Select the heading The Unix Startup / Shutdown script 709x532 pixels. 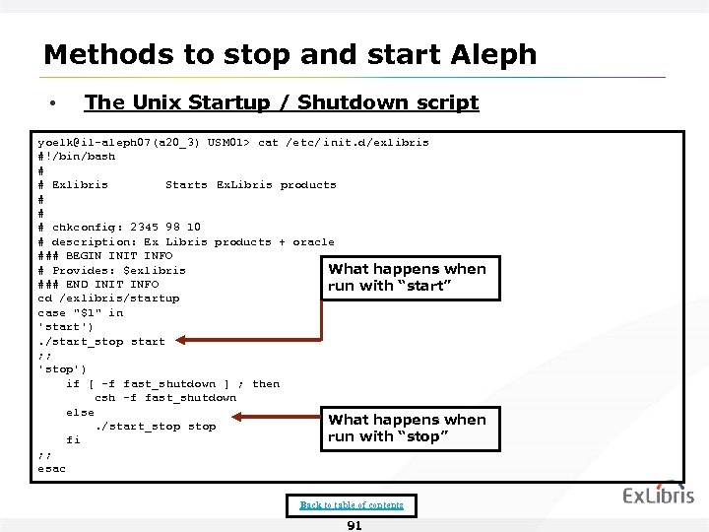[282, 102]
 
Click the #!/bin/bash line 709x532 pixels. [76, 157]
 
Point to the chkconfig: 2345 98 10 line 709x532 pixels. [119, 228]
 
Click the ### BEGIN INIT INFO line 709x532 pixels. [105, 256]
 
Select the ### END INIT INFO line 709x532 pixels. [98, 285]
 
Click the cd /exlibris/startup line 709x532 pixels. [108, 299]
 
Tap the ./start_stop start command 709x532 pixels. [101, 342]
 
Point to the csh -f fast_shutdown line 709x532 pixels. [165, 398]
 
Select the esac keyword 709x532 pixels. [51, 469]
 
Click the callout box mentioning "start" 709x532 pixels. [407, 278]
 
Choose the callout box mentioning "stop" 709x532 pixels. [407, 429]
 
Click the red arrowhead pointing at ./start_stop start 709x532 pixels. [181, 342]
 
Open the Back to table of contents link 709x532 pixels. [352, 505]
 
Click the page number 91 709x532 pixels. [354, 525]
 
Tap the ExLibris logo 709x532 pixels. [658, 496]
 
